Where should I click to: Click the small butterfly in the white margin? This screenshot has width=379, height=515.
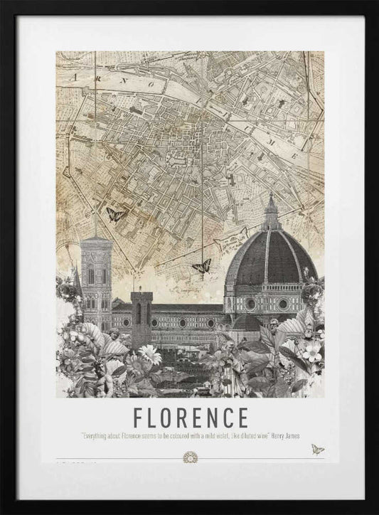317,450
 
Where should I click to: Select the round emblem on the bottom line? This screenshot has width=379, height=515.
190,456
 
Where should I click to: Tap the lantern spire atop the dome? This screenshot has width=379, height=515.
271,211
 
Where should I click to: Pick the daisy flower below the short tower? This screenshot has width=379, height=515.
149,354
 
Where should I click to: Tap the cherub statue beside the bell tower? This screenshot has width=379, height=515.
112,336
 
